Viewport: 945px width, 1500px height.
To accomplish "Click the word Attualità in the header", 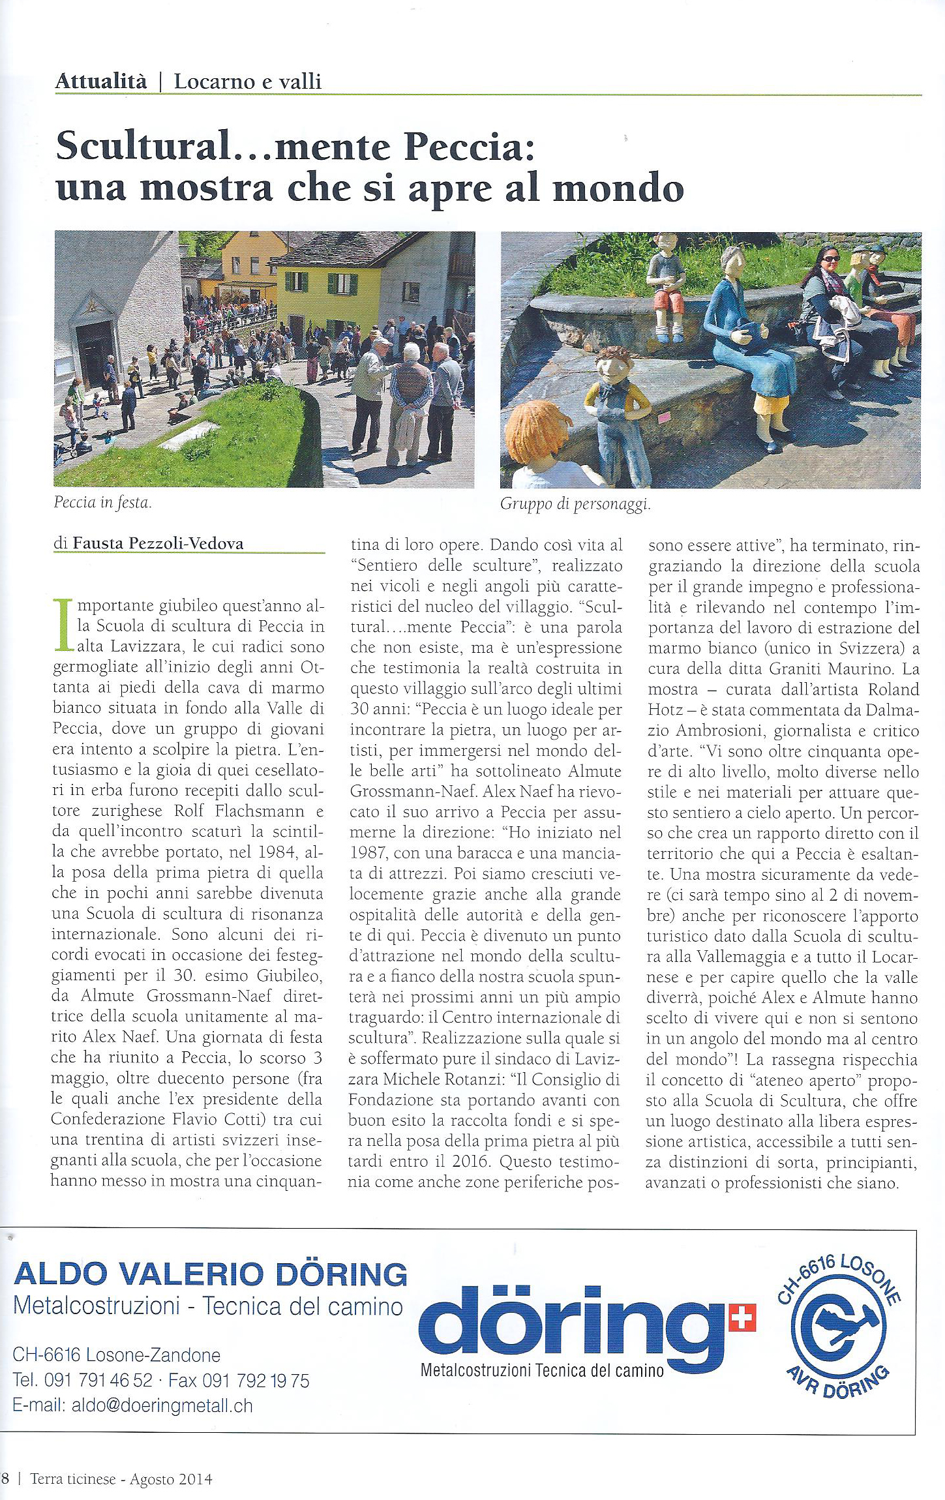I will pyautogui.click(x=101, y=82).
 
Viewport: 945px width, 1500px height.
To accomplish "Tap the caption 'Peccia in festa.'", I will pyautogui.click(x=103, y=503).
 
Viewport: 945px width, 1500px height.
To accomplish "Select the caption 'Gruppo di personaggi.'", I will pyautogui.click(x=575, y=504).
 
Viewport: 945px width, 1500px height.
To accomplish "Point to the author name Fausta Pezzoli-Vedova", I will pyautogui.click(x=157, y=543).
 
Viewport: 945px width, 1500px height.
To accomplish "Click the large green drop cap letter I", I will pyautogui.click(x=63, y=626).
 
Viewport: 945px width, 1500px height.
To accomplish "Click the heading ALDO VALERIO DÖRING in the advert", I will pyautogui.click(x=209, y=1273).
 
